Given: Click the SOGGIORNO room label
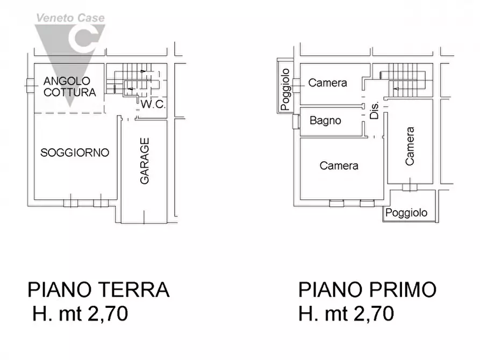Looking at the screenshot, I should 75,153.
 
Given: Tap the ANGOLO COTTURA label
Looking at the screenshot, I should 70,87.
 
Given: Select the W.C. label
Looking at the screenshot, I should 153,105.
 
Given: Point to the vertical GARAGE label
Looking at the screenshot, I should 145,161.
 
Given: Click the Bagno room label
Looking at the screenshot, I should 325,120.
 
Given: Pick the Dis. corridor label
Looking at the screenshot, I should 375,110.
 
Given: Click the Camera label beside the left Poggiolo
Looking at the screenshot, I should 327,83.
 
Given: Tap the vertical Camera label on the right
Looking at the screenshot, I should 410,146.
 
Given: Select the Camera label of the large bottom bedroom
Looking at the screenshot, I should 339,165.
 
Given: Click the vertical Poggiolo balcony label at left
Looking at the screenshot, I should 285,89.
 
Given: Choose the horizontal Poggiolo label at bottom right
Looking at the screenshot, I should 407,213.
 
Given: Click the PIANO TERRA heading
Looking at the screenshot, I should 98,290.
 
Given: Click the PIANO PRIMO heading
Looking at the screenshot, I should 367,290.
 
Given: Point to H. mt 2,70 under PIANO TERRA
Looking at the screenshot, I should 80,313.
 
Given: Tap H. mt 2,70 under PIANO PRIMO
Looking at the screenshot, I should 346,313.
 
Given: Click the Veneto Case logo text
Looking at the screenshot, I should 70,18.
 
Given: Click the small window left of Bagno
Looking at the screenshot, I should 295,121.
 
